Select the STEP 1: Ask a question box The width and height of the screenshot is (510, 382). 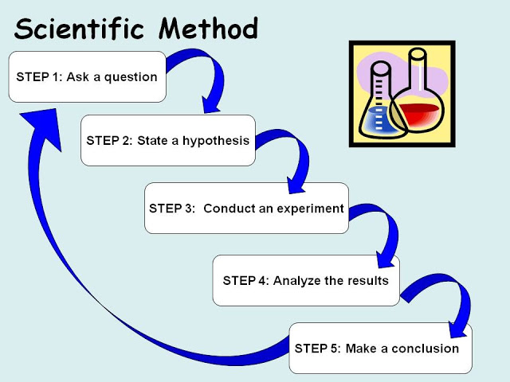coord(87,77)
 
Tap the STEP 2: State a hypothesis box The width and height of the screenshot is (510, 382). coord(167,141)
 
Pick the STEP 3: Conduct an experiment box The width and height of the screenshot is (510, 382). coord(246,209)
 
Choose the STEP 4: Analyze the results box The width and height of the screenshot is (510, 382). coord(305,280)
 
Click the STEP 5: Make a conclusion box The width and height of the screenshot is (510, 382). coord(380,348)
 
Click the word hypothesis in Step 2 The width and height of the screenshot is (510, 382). coord(216,141)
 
